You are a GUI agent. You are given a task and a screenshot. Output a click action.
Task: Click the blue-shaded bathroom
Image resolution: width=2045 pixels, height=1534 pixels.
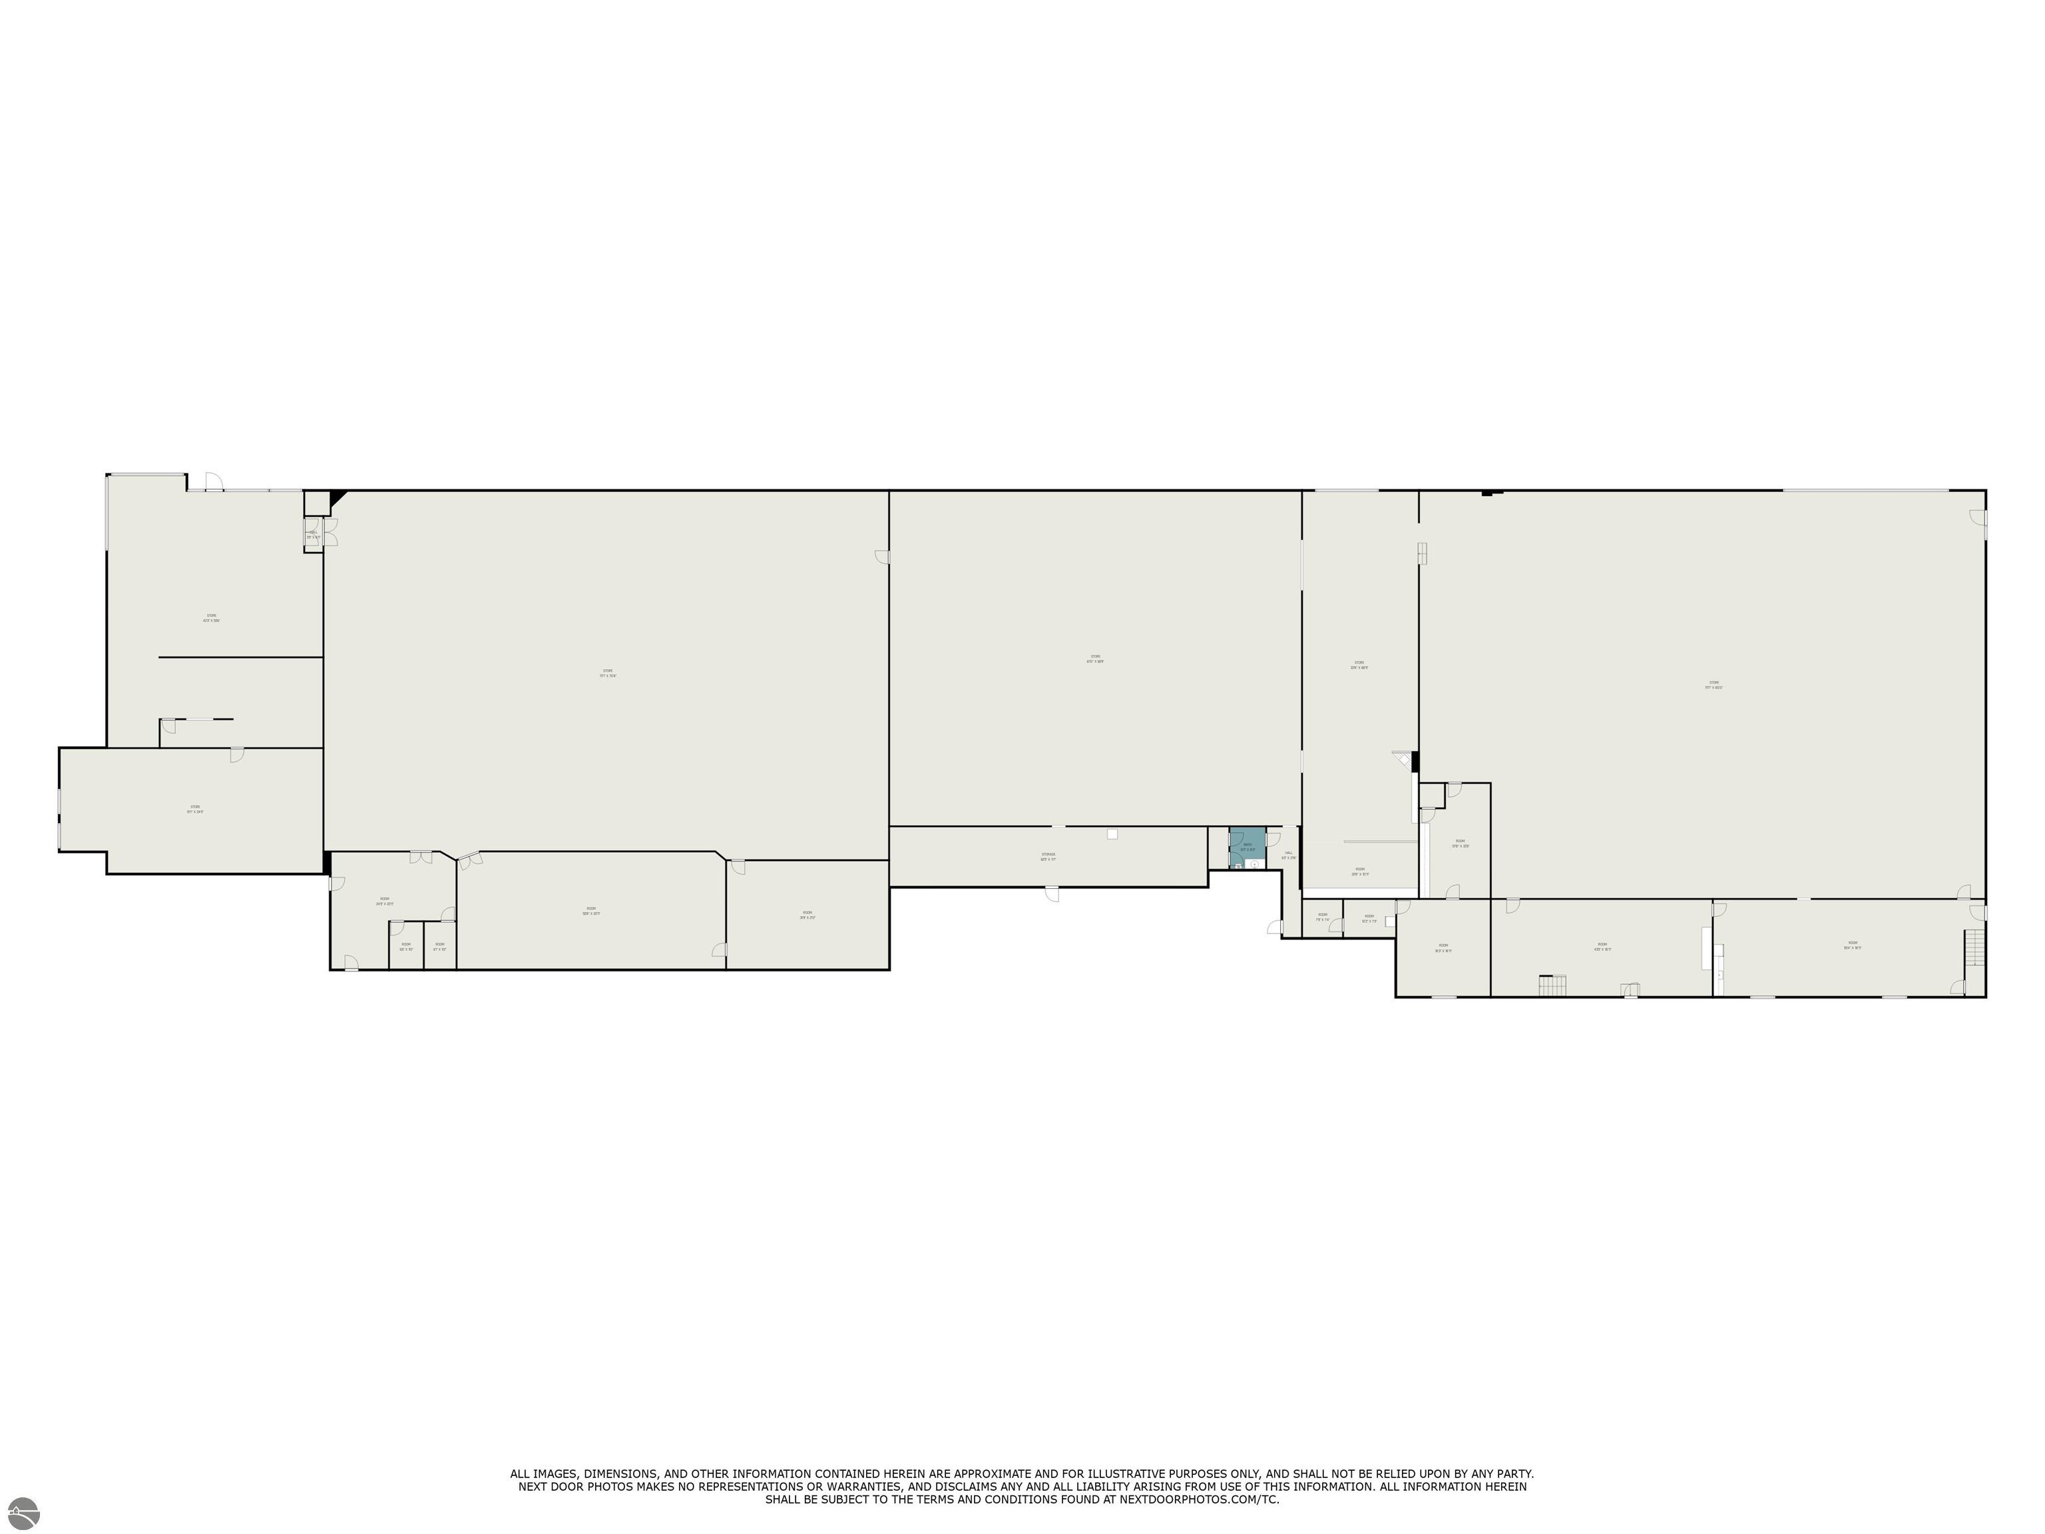[x=1246, y=846]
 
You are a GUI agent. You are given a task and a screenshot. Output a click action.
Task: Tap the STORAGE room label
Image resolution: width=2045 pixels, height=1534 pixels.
[x=1047, y=856]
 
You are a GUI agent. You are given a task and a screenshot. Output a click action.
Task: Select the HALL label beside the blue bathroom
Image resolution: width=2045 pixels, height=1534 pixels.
[x=1288, y=856]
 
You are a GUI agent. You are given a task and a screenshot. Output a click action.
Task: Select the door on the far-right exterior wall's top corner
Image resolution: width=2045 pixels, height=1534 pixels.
[x=1978, y=518]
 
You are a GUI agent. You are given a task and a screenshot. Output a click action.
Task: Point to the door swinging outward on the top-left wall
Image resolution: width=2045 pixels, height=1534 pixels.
[x=212, y=481]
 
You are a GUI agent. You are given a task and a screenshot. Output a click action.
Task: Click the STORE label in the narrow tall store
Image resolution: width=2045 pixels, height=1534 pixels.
[x=1359, y=664]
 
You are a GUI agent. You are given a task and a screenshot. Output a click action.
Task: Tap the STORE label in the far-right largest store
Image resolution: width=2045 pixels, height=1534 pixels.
[x=1713, y=684]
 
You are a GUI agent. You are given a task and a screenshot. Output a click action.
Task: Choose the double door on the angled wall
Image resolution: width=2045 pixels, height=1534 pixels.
[x=469, y=860]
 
